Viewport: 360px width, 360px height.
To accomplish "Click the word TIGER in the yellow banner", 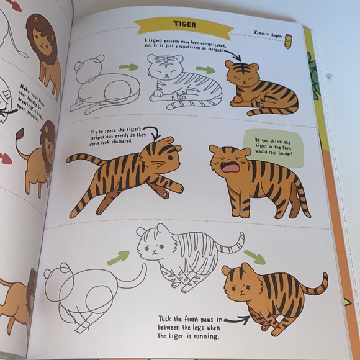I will [x=184, y=25].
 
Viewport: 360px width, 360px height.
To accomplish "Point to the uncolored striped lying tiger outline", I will [x=183, y=82].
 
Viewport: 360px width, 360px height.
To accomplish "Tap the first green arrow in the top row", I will [x=128, y=67].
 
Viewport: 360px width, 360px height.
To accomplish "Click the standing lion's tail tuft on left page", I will [x=20, y=134].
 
